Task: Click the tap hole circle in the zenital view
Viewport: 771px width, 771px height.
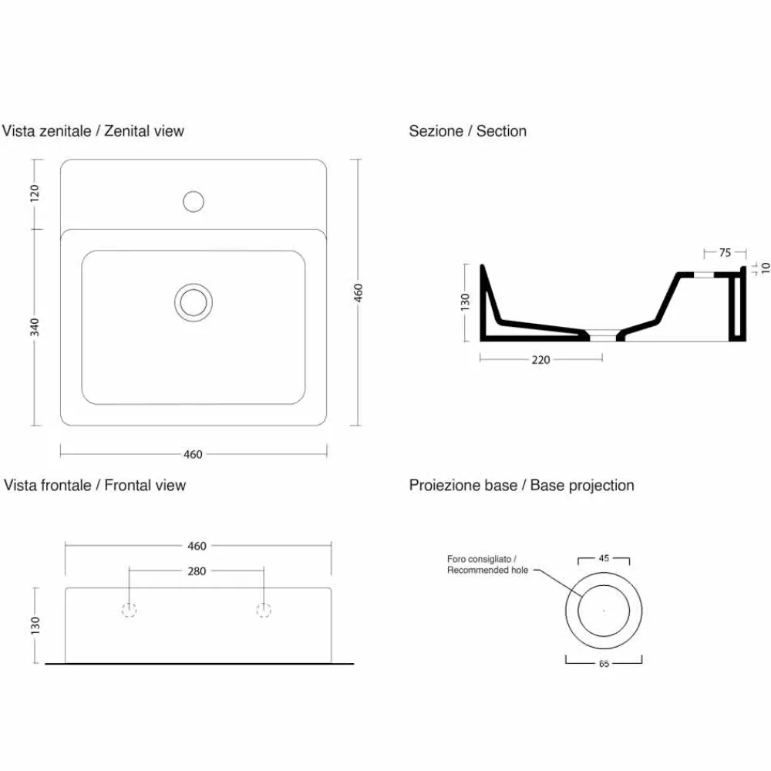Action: [194, 201]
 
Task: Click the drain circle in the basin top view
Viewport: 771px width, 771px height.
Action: [194, 302]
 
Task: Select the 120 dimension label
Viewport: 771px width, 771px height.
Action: [34, 194]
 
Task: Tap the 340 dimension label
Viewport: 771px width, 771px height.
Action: [34, 327]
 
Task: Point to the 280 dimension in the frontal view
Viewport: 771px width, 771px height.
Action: [197, 571]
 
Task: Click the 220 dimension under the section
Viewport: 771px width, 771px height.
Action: [540, 360]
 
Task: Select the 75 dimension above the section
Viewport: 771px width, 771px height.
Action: [725, 253]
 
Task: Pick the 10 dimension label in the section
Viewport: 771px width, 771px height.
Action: [765, 268]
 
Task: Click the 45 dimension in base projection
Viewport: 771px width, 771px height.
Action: [604, 558]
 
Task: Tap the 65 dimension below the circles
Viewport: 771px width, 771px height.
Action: [604, 664]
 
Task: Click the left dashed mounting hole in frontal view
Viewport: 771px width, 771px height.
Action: [129, 610]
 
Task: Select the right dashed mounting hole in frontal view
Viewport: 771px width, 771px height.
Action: [264, 610]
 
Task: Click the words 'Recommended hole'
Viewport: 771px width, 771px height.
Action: [487, 570]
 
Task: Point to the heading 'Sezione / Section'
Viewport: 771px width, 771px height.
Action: [468, 131]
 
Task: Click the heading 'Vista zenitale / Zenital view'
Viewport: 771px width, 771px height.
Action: [93, 131]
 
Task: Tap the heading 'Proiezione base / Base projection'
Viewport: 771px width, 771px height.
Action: [522, 486]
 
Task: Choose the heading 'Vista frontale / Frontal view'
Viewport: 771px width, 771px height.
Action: [95, 485]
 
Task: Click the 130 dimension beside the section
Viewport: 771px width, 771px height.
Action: [465, 302]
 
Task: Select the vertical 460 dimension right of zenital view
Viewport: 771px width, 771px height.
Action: [358, 293]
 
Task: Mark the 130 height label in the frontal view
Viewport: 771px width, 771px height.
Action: [35, 625]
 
